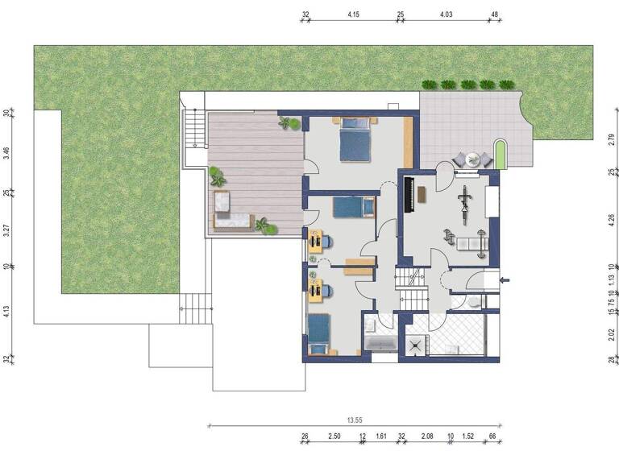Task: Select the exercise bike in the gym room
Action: (x=464, y=201)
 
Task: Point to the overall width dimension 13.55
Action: (x=354, y=419)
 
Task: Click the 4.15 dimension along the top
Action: (x=353, y=14)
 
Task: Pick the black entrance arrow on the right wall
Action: (x=505, y=280)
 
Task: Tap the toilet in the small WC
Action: (x=475, y=301)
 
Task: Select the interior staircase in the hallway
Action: (x=410, y=290)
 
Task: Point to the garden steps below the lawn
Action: (x=194, y=306)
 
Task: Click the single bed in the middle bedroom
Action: (x=354, y=208)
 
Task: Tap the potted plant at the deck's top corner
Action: (x=289, y=123)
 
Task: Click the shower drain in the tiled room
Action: (x=417, y=344)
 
